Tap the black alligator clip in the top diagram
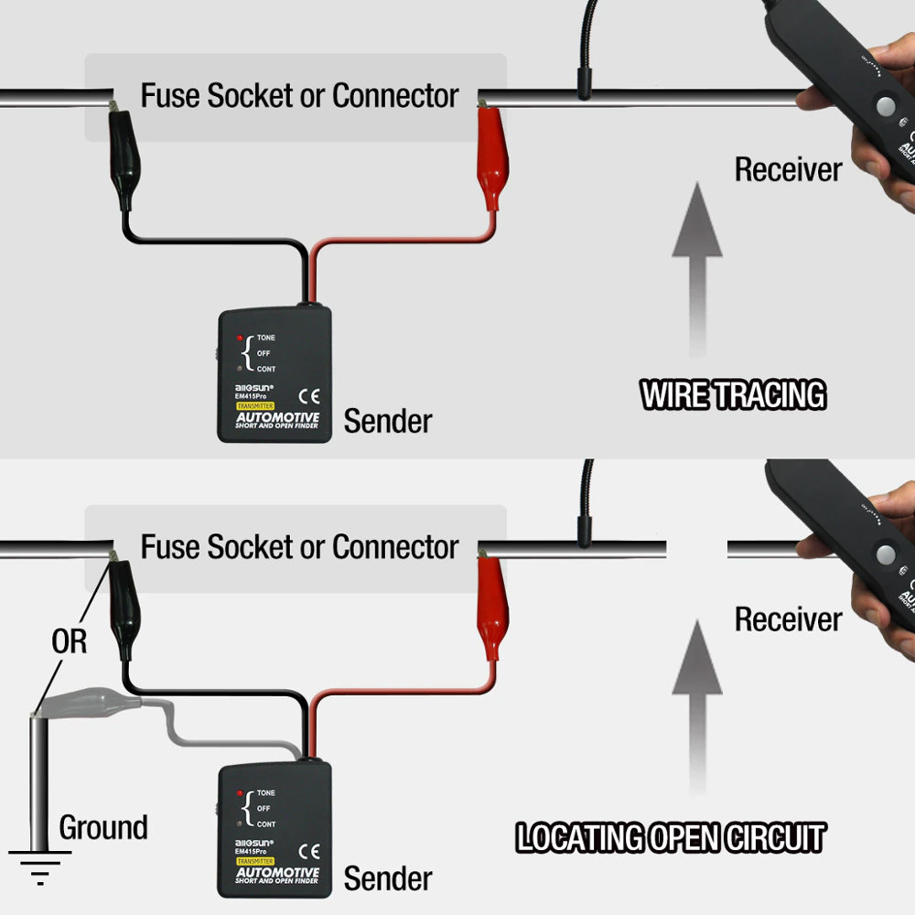click(x=123, y=156)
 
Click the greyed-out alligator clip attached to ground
click(x=87, y=704)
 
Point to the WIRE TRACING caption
click(x=733, y=395)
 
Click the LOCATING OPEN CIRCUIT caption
click(x=671, y=838)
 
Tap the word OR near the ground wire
click(x=69, y=641)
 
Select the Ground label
click(x=103, y=828)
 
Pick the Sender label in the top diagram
click(x=387, y=422)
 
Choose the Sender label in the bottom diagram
click(x=387, y=879)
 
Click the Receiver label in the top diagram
click(x=788, y=169)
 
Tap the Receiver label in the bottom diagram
click(x=788, y=619)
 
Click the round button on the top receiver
click(x=885, y=106)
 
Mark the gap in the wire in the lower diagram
click(x=696, y=548)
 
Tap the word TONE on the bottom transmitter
click(x=265, y=793)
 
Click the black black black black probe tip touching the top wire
click(x=582, y=87)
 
